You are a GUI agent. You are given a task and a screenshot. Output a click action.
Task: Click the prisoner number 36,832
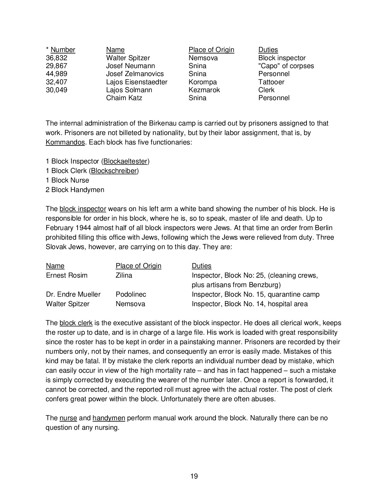coord(56,58)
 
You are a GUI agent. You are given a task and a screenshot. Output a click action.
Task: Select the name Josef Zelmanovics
coord(135,74)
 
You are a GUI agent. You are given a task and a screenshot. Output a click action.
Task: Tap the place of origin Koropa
coord(203,82)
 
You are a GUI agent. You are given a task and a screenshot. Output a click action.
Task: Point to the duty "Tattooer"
coord(271,82)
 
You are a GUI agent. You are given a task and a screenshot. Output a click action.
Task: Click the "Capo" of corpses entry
coord(286,66)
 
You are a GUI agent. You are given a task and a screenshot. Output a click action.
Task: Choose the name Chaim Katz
coord(124,98)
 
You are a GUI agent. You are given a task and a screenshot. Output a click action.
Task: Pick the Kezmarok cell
coord(204,90)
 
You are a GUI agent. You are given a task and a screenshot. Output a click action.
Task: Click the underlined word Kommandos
coord(65,142)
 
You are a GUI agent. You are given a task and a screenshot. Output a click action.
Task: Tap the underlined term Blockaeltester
coord(126,161)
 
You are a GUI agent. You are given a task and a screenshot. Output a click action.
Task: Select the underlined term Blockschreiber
coord(114,171)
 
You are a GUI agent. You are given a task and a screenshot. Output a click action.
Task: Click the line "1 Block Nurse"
coord(67,180)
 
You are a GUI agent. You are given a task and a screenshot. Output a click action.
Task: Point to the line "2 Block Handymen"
coord(75,190)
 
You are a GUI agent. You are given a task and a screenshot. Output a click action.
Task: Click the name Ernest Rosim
coord(67,275)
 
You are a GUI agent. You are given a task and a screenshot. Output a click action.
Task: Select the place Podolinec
coord(131,294)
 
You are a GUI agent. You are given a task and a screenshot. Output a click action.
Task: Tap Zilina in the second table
coord(124,275)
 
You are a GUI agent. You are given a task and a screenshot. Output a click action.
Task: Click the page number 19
coord(194,476)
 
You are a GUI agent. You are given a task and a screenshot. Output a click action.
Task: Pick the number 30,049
coord(56,90)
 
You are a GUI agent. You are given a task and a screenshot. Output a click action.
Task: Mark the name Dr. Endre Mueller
coord(73,294)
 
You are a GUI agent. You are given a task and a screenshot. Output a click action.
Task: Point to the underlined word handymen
coord(109,418)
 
